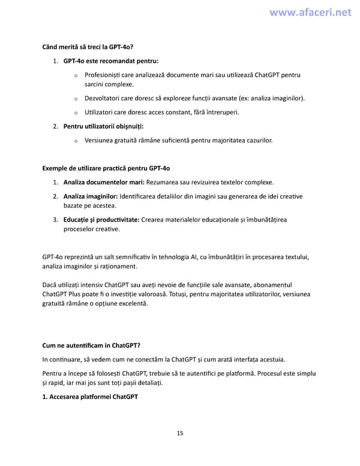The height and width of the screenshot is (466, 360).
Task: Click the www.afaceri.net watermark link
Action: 310,12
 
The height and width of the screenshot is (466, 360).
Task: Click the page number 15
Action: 180,433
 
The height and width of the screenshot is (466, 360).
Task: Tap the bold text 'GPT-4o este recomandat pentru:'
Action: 110,61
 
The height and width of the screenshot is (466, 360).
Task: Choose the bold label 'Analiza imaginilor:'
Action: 91,196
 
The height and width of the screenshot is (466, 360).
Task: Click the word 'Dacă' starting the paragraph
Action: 50,284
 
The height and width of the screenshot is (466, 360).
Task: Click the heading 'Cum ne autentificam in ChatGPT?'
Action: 91,345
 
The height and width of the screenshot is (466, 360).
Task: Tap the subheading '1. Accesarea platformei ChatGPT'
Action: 90,397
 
